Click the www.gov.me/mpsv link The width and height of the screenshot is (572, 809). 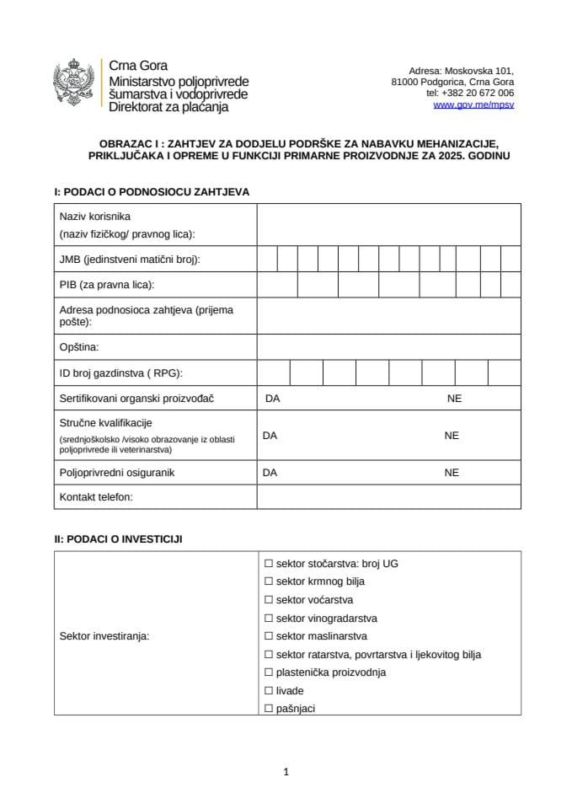pyautogui.click(x=473, y=105)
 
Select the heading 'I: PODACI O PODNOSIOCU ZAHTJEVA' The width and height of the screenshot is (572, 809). pyautogui.click(x=152, y=192)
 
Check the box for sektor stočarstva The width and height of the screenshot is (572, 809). pyautogui.click(x=269, y=563)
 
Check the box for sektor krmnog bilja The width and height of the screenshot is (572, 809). pyautogui.click(x=269, y=581)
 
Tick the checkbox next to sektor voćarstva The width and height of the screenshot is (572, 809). pyautogui.click(x=269, y=600)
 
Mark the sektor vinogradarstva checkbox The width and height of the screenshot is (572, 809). pyautogui.click(x=269, y=619)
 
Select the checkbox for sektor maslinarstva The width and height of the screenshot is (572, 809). pyautogui.click(x=269, y=636)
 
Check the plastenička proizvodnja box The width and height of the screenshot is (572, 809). pyautogui.click(x=269, y=672)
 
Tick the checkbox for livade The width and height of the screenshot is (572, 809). pyautogui.click(x=269, y=691)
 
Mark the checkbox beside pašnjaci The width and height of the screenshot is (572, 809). pyautogui.click(x=269, y=709)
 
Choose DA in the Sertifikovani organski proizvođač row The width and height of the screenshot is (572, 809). pyautogui.click(x=272, y=399)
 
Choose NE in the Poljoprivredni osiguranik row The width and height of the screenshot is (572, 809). pyautogui.click(x=452, y=473)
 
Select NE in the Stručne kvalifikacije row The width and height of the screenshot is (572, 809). pyautogui.click(x=452, y=436)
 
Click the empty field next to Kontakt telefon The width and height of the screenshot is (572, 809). pyautogui.click(x=388, y=497)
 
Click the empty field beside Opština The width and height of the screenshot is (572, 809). pyautogui.click(x=388, y=346)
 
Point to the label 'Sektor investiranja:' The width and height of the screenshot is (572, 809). pyautogui.click(x=104, y=636)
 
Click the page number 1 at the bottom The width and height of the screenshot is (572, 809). pyautogui.click(x=286, y=771)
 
